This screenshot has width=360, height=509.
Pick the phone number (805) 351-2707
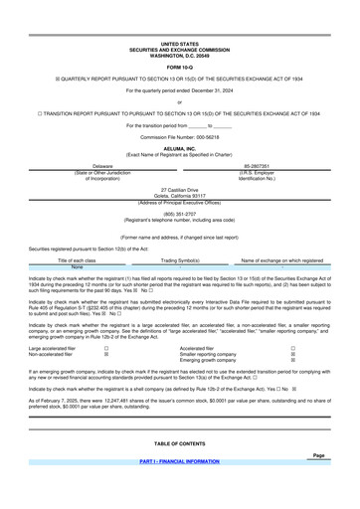(x=179, y=240)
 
